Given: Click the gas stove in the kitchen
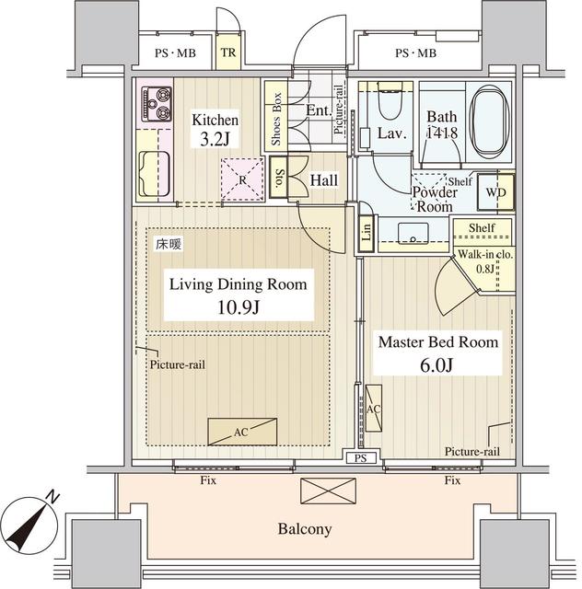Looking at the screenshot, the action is tap(157, 104).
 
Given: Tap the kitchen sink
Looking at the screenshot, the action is tap(154, 174).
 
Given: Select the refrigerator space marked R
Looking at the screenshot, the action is tap(242, 180).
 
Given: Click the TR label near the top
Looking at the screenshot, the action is tap(228, 52).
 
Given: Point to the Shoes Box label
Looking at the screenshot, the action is tap(276, 119).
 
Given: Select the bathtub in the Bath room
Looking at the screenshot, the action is tap(490, 121).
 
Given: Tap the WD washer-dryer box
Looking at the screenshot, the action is tap(496, 192).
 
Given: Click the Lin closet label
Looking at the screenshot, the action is tap(367, 232).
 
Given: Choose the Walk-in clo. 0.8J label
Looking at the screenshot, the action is tap(485, 261).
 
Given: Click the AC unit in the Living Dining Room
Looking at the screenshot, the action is tap(242, 432).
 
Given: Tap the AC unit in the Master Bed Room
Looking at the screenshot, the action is tap(373, 409).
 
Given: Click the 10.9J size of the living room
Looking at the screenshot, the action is tap(239, 308).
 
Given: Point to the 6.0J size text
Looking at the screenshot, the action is tap(436, 364).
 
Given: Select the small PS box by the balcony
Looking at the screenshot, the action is tap(361, 458).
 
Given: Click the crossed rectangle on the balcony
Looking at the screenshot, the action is tap(328, 491).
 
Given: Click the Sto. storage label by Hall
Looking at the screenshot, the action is tap(279, 178).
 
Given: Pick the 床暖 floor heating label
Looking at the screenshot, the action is tap(169, 245).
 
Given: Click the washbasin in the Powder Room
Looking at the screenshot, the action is tap(413, 233).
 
